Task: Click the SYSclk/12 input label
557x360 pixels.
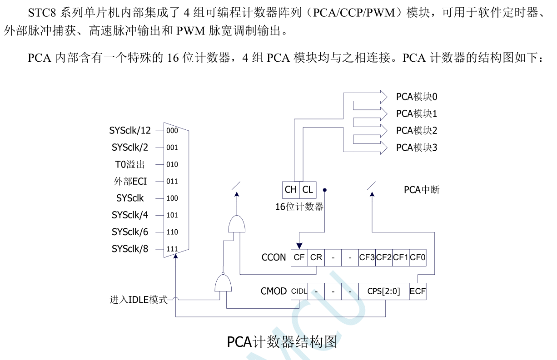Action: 129,131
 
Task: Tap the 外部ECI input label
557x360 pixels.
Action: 130,181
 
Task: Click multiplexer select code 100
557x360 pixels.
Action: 172,198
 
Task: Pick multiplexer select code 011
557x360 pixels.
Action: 172,182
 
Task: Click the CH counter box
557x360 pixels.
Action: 290,190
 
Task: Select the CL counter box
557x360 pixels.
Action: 308,190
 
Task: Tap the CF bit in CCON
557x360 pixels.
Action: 299,257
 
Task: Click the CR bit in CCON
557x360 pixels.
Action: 316,257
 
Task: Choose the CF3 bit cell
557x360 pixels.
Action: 367,257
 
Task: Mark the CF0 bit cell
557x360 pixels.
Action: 418,257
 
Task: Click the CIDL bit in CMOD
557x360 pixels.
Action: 299,291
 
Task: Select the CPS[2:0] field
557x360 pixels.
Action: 383,291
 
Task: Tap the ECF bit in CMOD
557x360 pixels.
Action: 418,291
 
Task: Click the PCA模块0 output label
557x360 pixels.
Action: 416,97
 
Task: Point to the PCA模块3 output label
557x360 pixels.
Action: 416,148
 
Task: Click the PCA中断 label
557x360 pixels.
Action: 422,190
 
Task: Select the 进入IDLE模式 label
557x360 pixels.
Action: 139,300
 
